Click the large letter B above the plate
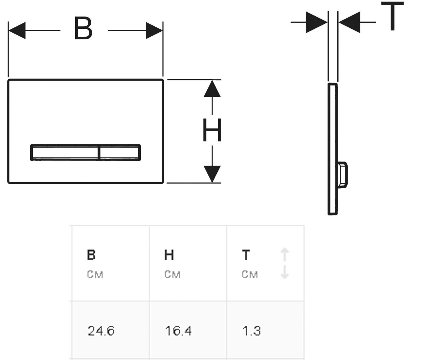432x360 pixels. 84,28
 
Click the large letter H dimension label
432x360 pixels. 212,130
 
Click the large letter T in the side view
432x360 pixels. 392,16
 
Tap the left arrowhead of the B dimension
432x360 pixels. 17,30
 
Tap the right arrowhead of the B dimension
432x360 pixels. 154,30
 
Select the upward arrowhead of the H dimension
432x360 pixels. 212,89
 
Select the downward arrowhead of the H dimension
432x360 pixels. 212,174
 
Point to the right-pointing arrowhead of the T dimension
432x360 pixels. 316,22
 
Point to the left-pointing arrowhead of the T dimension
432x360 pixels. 350,22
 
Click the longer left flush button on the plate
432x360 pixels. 65,153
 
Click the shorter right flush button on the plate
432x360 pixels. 120,153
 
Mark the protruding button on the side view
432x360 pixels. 343,175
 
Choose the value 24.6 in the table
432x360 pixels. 101,330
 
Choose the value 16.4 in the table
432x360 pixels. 178,330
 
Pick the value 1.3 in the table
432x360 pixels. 251,330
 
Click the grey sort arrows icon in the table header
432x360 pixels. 285,263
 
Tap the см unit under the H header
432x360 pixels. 172,275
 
